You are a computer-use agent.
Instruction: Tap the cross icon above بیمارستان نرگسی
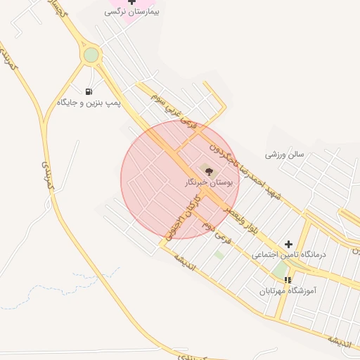click(x=131, y=2)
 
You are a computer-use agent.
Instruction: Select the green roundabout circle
click(x=91, y=55)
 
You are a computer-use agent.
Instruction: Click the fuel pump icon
click(x=89, y=91)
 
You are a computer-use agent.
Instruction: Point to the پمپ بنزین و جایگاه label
click(x=89, y=103)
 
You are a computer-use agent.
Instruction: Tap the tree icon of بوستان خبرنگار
click(x=207, y=170)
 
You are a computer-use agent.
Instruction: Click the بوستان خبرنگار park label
click(x=207, y=182)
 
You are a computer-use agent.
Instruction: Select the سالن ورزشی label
click(x=284, y=154)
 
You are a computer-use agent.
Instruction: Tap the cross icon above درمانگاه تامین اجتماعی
click(x=288, y=244)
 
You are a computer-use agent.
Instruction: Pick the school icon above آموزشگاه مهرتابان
click(x=287, y=280)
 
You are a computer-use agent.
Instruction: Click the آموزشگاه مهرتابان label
click(x=287, y=290)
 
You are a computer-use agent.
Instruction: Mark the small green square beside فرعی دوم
click(x=219, y=255)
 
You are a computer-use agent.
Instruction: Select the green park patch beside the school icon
click(x=279, y=270)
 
